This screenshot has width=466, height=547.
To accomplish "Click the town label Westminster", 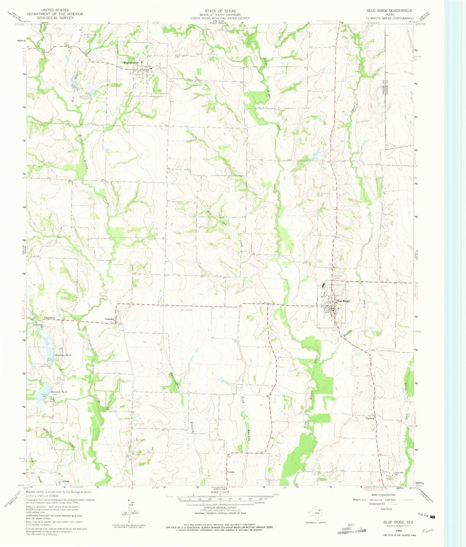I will pos(130,63).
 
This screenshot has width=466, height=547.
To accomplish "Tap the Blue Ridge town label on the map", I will pos(343,301).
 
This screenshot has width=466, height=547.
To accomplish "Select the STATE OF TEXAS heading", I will pos(218,11).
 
